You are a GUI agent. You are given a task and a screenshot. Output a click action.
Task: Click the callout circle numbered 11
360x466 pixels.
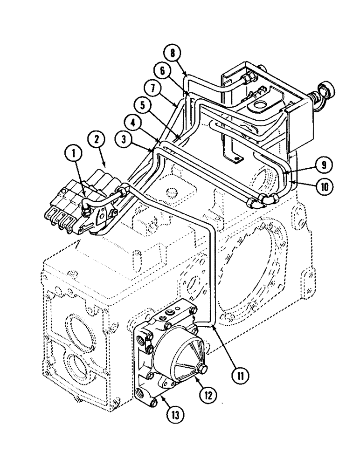241,374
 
